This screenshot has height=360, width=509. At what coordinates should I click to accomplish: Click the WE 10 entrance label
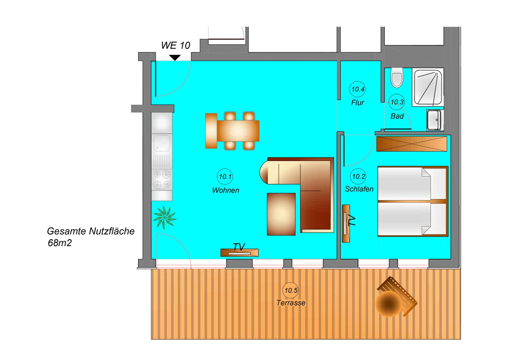[x=175, y=45]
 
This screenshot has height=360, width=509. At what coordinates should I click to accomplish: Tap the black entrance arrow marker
[x=175, y=57]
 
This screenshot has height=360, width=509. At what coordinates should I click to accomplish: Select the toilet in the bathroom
[x=397, y=78]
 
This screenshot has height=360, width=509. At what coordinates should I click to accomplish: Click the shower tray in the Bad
[x=428, y=87]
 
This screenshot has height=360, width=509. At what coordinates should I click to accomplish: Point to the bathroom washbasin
[x=434, y=120]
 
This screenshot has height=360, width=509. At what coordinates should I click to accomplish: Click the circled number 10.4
[x=358, y=89]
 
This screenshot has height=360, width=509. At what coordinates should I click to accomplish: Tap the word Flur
[x=357, y=103]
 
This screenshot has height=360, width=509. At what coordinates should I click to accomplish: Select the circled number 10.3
[x=397, y=102]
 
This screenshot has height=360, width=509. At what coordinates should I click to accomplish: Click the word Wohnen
[x=226, y=190]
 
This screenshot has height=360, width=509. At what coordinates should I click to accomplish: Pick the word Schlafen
[x=359, y=189]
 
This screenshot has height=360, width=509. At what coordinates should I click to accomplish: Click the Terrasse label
[x=291, y=303]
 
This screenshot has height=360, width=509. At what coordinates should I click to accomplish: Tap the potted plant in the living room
[x=164, y=217]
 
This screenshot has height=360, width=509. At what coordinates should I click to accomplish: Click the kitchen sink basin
[x=162, y=143]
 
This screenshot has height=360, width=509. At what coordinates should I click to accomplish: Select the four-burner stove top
[x=162, y=179]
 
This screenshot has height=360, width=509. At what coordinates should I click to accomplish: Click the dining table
[x=238, y=130]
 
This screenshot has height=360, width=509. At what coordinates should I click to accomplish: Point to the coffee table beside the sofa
[x=281, y=214]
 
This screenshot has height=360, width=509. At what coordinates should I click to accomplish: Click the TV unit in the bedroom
[x=346, y=223]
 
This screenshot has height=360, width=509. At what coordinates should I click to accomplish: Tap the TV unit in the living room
[x=239, y=252]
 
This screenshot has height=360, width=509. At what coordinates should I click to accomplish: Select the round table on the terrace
[x=388, y=304]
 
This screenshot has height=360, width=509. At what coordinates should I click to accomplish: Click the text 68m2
[x=60, y=243]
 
